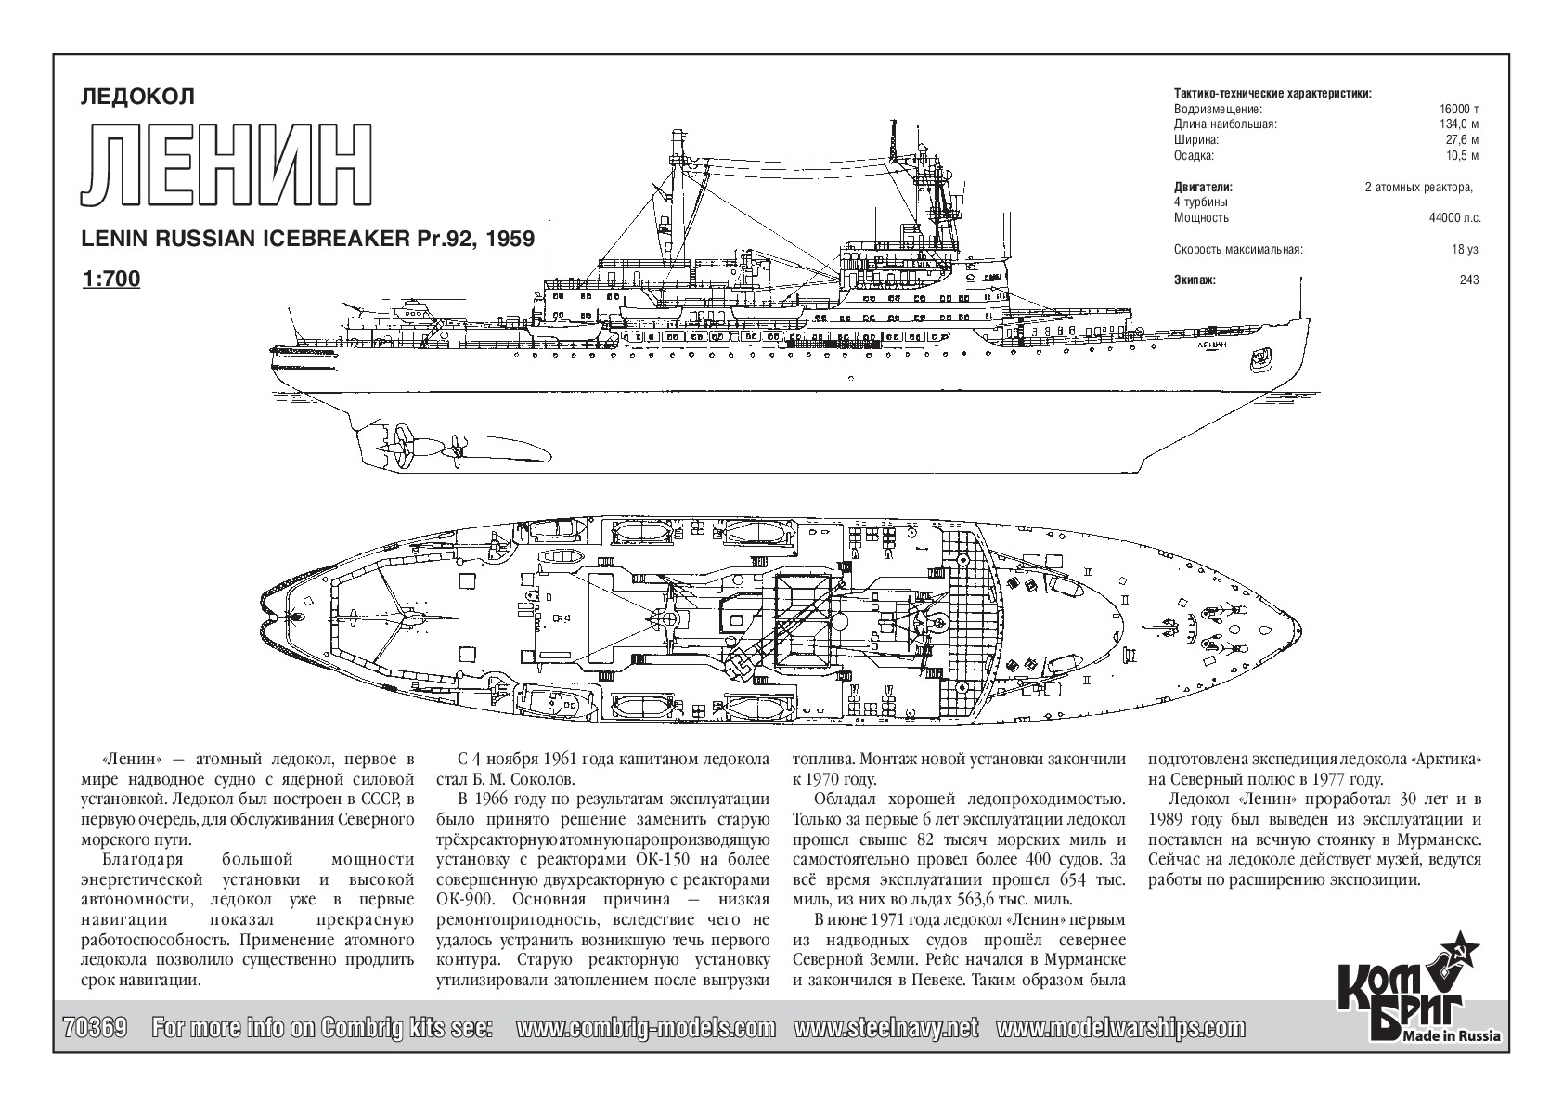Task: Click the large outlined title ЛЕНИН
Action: click(x=226, y=166)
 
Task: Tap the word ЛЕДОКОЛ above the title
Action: click(x=137, y=97)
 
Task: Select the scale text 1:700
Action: click(x=111, y=279)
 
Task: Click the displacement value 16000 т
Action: click(x=1459, y=110)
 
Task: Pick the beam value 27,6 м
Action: click(x=1463, y=140)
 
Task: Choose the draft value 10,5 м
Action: click(x=1463, y=156)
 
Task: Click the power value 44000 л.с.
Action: click(x=1454, y=218)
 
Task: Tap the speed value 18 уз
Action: click(x=1465, y=249)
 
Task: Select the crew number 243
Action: click(x=1469, y=280)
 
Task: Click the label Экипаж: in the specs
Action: click(x=1195, y=280)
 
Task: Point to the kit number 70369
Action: click(x=95, y=1028)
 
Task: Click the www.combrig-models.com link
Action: click(x=645, y=1029)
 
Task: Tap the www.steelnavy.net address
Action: click(x=886, y=1029)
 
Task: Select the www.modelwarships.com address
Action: click(x=1120, y=1029)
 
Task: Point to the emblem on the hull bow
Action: click(x=1260, y=359)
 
